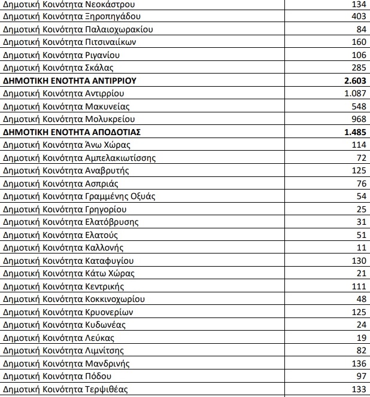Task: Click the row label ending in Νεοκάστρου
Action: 65,4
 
